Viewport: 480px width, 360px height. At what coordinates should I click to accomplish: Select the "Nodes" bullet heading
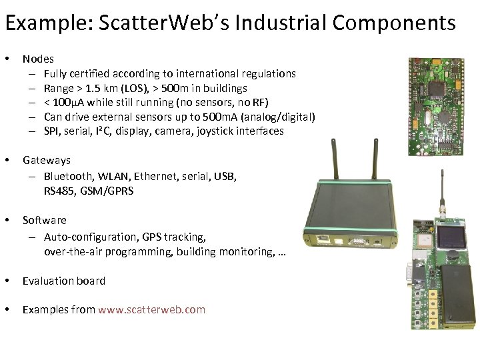coord(38,59)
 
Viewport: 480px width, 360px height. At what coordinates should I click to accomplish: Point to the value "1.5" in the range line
coord(96,88)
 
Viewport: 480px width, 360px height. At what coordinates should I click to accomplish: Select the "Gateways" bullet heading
coord(46,160)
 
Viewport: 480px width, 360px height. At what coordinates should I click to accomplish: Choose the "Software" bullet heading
coord(44,220)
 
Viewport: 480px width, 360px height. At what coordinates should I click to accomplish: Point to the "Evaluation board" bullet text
coord(63,281)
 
